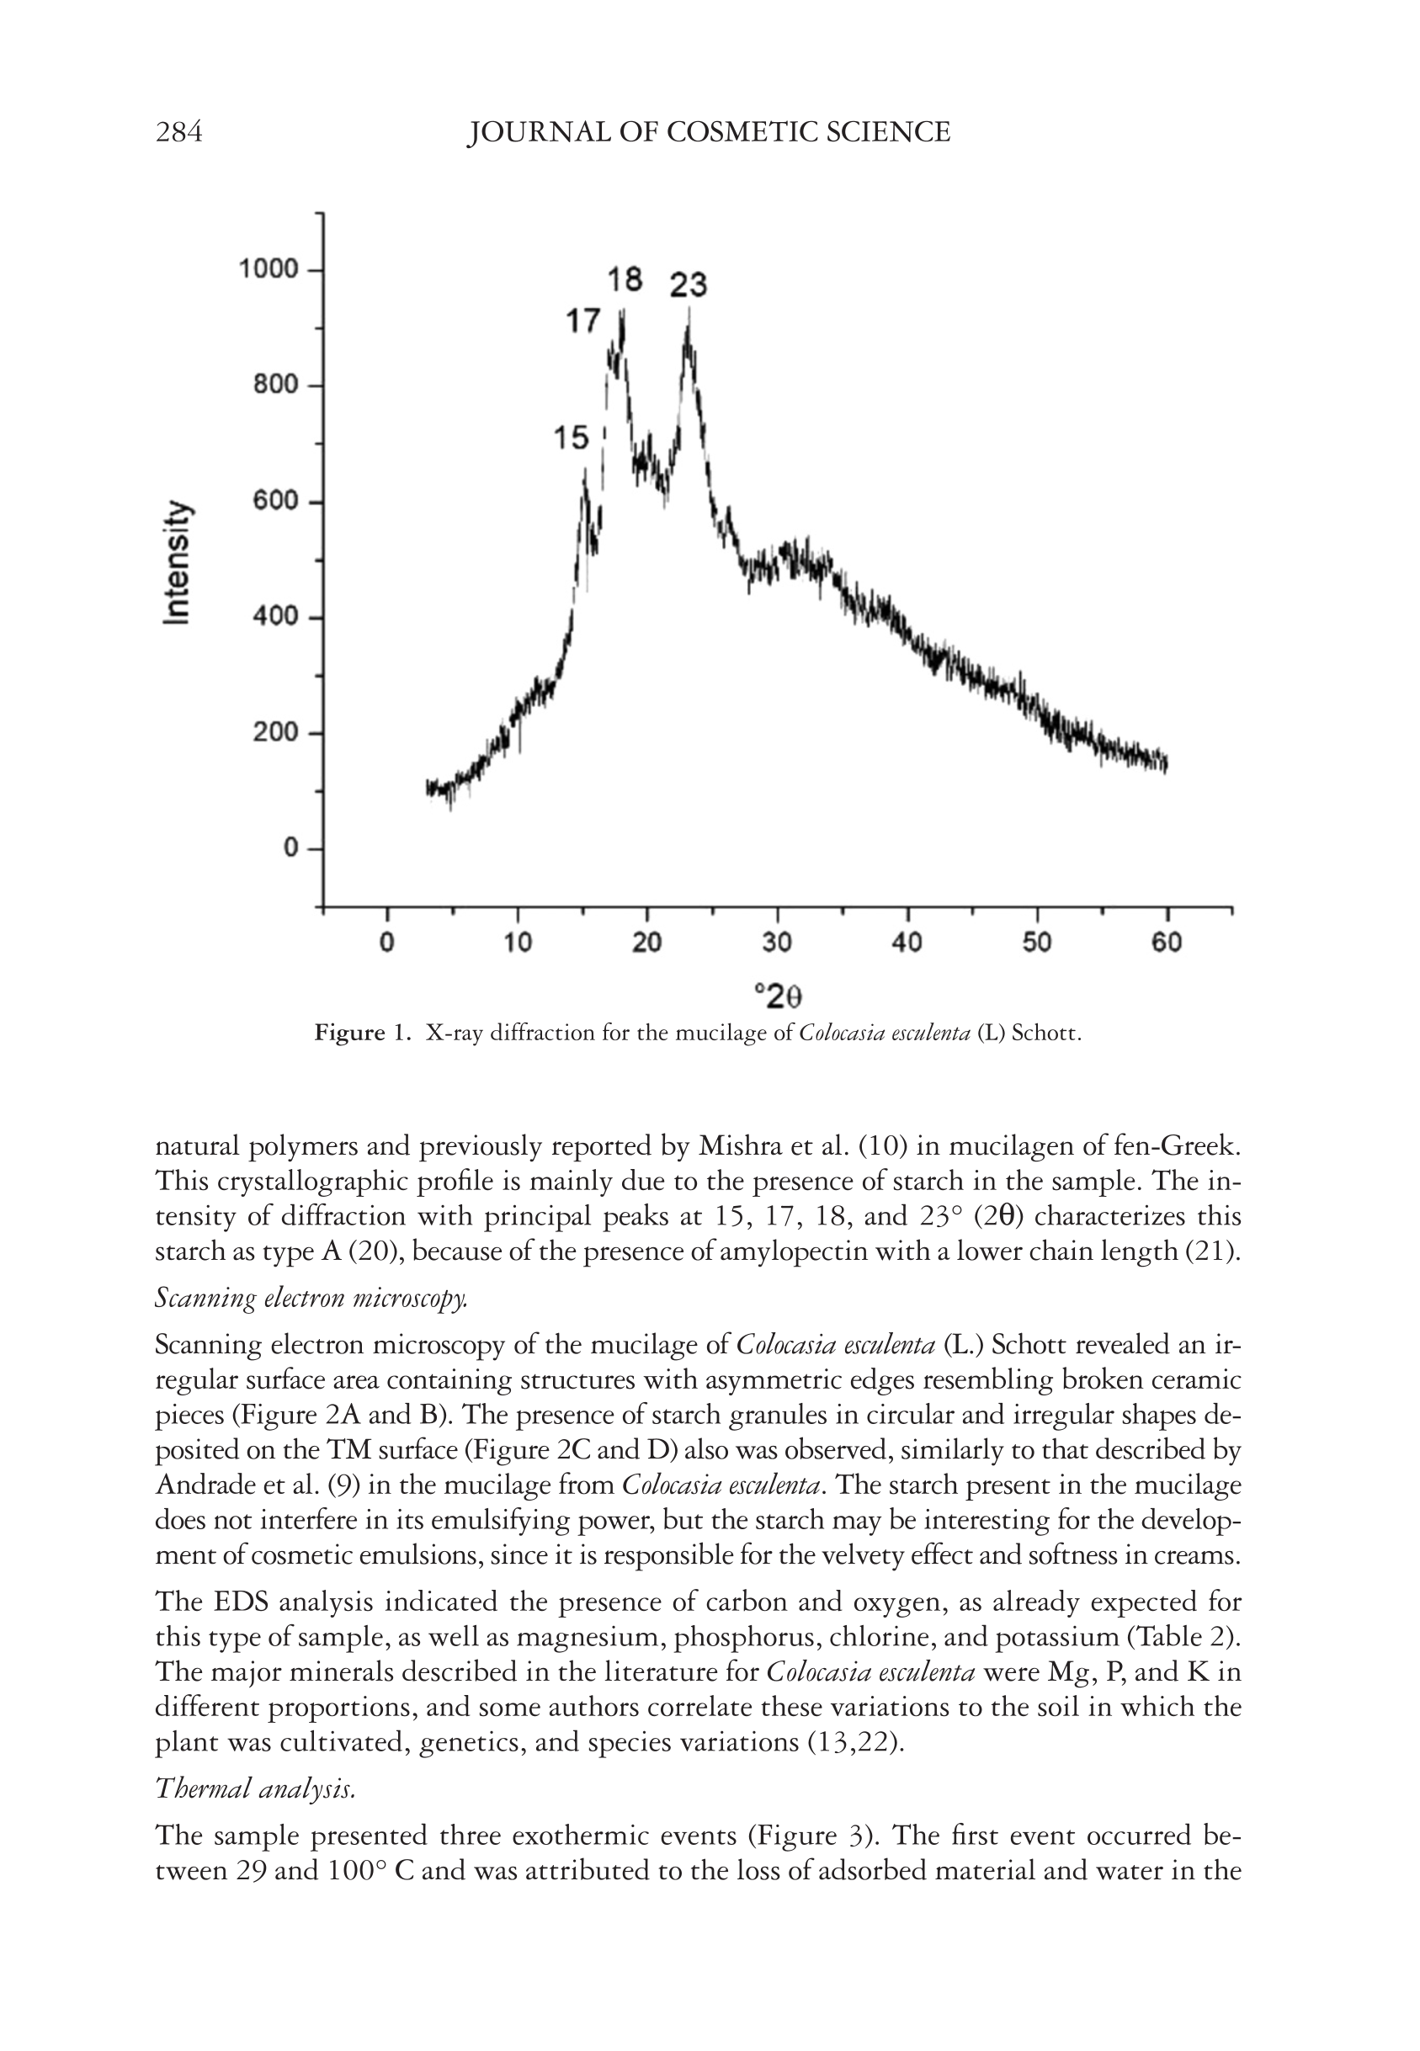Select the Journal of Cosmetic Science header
pos(709,132)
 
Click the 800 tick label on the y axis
pos(275,385)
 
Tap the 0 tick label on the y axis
pos(291,848)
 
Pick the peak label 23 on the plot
pos(688,285)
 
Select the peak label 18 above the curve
pos(625,279)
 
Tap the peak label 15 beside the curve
pos(571,438)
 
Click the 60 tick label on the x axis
pos(1167,943)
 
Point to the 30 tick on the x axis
pos(777,943)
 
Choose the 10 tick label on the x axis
pos(517,943)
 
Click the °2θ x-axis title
pos(778,997)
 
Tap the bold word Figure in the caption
pos(349,1033)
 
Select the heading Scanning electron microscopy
pos(311,1299)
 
